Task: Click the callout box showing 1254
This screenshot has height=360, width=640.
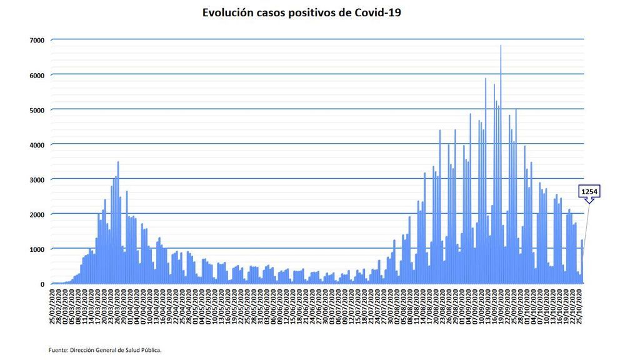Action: pyautogui.click(x=589, y=191)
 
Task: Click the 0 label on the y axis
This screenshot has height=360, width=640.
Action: pyautogui.click(x=42, y=284)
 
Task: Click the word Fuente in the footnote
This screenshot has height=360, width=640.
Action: pyautogui.click(x=59, y=350)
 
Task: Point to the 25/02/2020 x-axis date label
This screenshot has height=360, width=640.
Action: pyautogui.click(x=52, y=306)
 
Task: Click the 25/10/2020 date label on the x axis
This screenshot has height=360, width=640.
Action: pyautogui.click(x=582, y=306)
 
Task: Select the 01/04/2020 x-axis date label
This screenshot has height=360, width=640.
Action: pyautogui.click(x=130, y=306)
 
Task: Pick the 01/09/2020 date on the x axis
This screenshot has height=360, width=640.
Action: pyautogui.click(x=462, y=306)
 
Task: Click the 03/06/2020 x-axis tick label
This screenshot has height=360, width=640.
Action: pyautogui.click(x=267, y=306)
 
